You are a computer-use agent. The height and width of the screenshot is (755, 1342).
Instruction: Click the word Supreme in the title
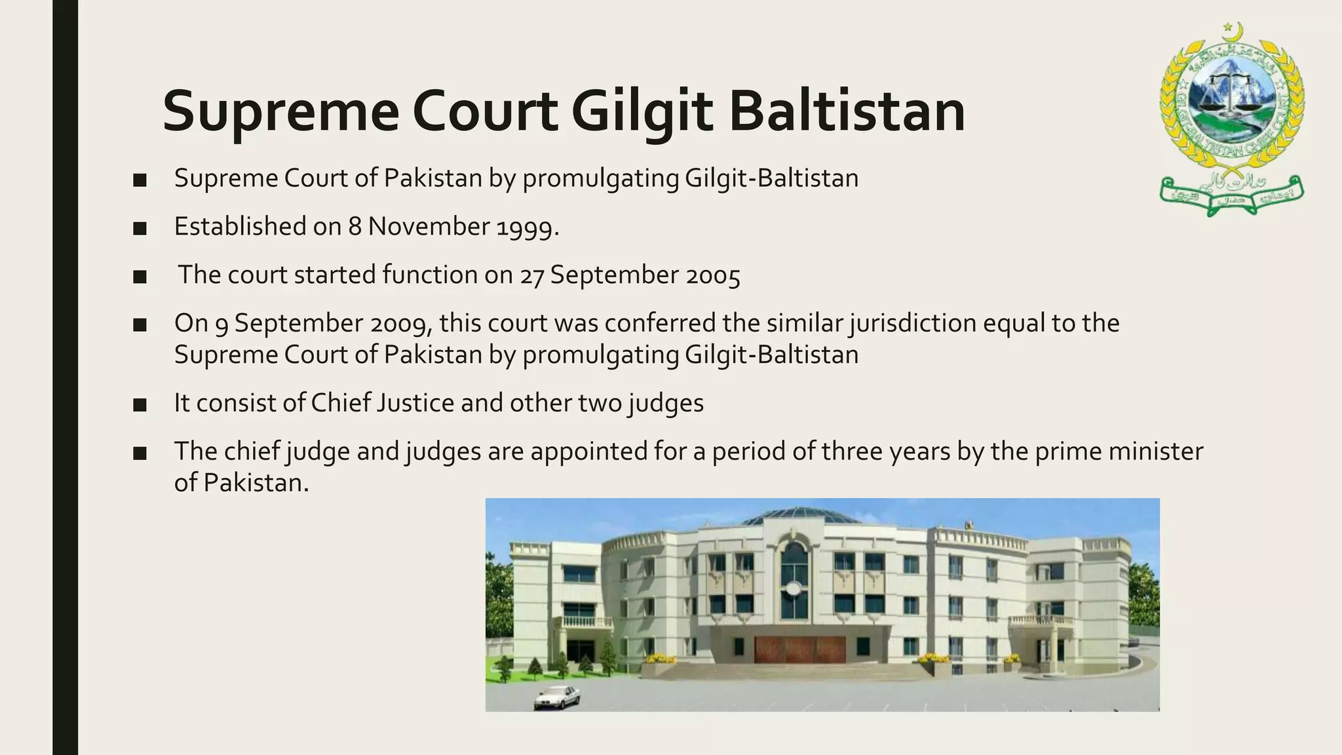click(x=280, y=111)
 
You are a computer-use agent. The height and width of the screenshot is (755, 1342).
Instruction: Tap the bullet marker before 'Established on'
click(x=140, y=228)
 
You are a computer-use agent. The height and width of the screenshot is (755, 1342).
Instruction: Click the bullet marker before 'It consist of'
click(x=140, y=404)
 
